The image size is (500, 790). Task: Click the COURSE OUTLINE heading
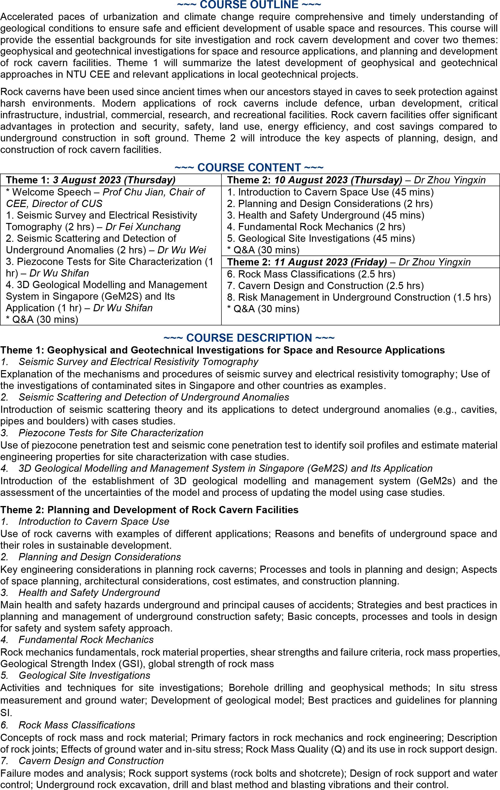[249, 5]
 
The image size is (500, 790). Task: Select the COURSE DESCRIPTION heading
[249, 338]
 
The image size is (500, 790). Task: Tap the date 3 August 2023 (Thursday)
[114, 180]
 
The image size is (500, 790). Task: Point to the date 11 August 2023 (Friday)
[330, 262]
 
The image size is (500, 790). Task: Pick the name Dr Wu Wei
[182, 250]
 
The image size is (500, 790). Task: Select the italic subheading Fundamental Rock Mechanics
[86, 639]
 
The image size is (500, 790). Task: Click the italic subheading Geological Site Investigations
[84, 675]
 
